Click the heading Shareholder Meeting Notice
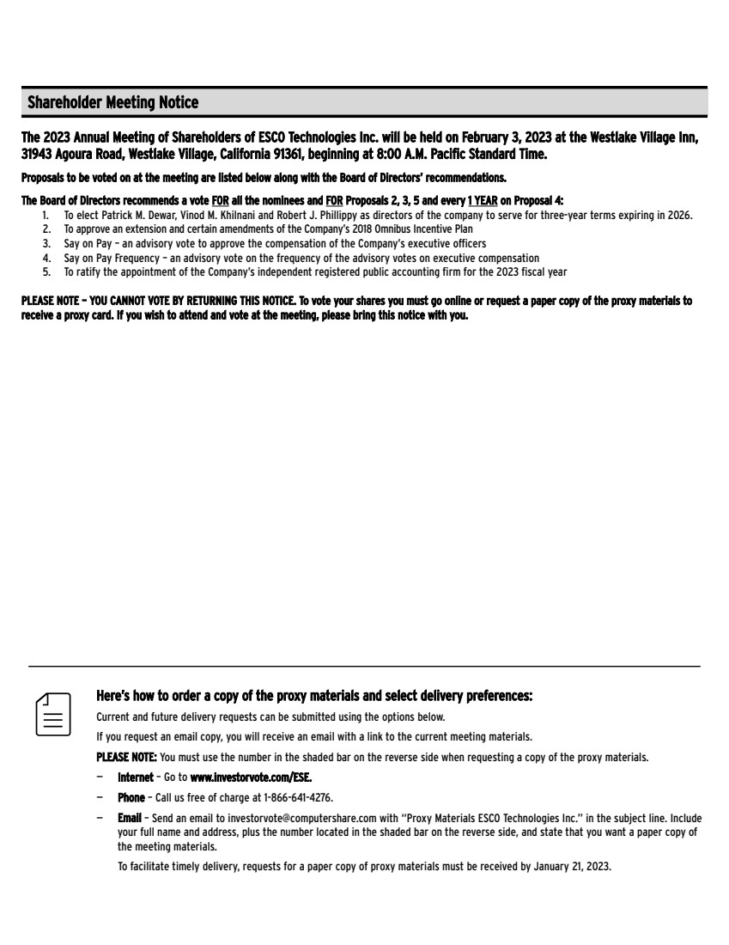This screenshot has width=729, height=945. [x=112, y=103]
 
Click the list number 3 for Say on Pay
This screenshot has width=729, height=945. [x=46, y=244]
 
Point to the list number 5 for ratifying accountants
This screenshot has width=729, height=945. [x=46, y=272]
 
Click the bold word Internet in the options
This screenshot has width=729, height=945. [x=136, y=777]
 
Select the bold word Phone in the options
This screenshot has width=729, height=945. [x=131, y=797]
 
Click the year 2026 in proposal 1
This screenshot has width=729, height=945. [x=678, y=216]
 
